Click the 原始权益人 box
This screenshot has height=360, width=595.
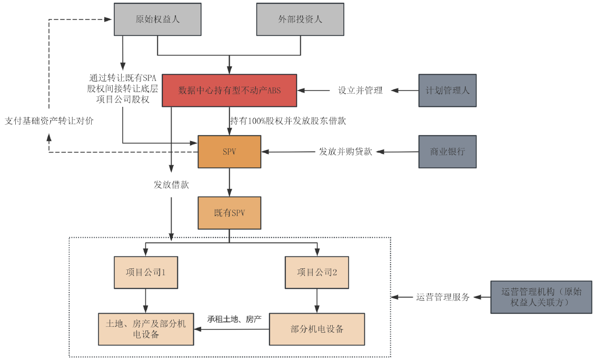click(157, 19)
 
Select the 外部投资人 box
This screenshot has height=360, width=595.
click(300, 19)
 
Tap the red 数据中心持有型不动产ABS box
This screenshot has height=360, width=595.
click(230, 91)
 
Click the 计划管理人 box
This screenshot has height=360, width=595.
click(447, 91)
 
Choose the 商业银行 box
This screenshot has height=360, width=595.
click(447, 152)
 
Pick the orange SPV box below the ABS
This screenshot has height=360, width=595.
click(229, 152)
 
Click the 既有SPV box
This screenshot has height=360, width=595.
click(229, 213)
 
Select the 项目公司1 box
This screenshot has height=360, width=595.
click(146, 272)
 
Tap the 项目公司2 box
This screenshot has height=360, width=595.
click(316, 272)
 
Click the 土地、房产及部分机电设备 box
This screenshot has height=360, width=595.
click(146, 329)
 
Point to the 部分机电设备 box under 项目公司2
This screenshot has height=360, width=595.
click(316, 329)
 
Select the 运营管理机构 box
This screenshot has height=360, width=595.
click(541, 297)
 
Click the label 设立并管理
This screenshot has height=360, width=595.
click(360, 91)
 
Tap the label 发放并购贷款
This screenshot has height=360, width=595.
click(345, 152)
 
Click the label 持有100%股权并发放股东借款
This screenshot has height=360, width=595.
click(287, 121)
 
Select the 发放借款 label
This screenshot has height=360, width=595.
click(171, 185)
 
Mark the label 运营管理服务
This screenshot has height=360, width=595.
click(442, 297)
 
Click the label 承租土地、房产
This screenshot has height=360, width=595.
click(234, 319)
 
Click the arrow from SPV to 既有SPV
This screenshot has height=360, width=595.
click(229, 182)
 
